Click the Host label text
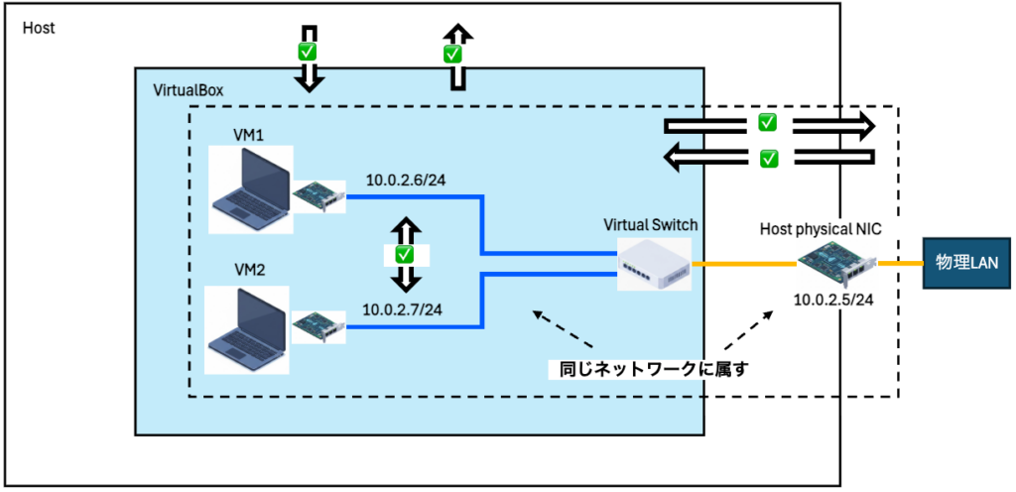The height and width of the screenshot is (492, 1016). tap(39, 28)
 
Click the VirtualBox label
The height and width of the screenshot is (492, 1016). tap(189, 90)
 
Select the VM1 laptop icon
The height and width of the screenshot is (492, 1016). tap(249, 189)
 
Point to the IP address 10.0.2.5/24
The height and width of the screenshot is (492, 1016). tap(832, 299)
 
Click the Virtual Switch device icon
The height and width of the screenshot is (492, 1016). tap(653, 264)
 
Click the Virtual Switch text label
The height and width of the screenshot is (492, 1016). tap(651, 225)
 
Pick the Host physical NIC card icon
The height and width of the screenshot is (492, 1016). tap(837, 262)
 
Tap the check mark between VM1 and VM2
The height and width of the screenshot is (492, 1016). tap(404, 254)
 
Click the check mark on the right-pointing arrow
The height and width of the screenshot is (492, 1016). tap(767, 124)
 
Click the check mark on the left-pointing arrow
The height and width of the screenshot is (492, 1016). tap(767, 157)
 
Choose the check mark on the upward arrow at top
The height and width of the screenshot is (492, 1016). tap(453, 54)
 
